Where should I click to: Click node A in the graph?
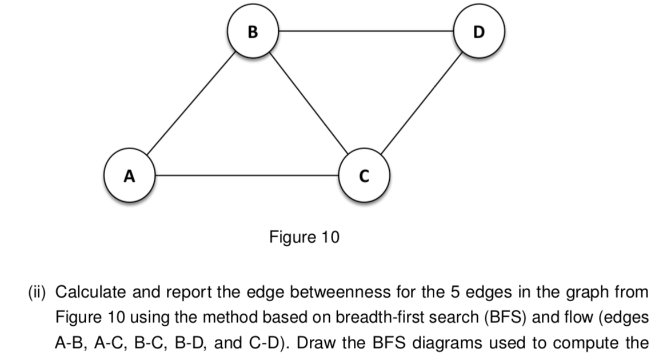pyautogui.click(x=130, y=175)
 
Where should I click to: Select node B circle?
pyautogui.click(x=253, y=31)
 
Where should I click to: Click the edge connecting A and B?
pyautogui.click(x=191, y=103)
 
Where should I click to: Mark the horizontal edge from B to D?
pyautogui.click(x=366, y=31)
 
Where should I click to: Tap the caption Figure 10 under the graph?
pyautogui.click(x=304, y=237)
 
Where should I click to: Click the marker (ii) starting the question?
pyautogui.click(x=38, y=293)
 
